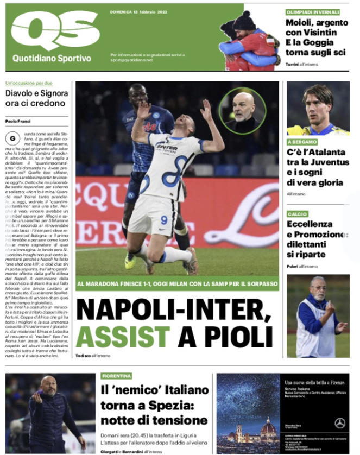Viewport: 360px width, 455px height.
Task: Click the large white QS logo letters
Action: [54, 29]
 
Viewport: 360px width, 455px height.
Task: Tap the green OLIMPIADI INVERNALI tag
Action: [313, 12]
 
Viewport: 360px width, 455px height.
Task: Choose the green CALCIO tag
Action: [298, 214]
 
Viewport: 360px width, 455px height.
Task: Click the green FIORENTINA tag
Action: [117, 376]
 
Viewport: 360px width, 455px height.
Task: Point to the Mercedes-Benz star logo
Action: [340, 422]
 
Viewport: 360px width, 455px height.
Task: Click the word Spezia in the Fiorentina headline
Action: [179, 405]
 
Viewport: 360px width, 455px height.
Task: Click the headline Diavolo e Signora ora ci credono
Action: [36, 98]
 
